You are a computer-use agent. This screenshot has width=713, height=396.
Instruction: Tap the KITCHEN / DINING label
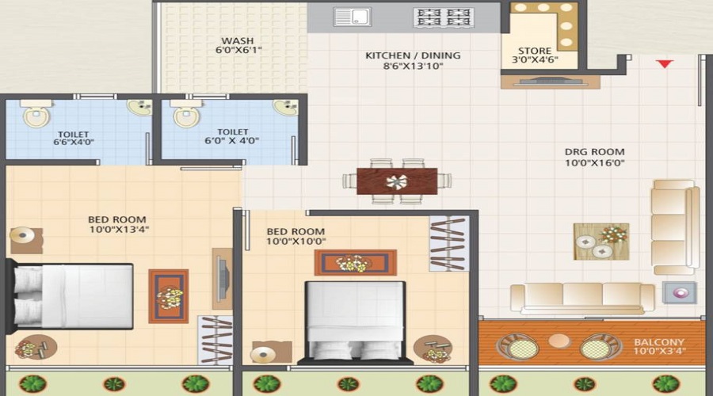tap(413, 55)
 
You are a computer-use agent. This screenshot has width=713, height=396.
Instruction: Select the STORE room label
tap(535, 51)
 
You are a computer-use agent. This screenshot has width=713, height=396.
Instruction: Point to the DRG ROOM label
tap(594, 151)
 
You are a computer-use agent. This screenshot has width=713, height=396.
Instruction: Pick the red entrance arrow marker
tap(664, 64)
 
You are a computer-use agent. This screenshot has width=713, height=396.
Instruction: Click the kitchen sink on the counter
tap(353, 17)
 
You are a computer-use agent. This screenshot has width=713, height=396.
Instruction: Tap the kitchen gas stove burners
tap(443, 17)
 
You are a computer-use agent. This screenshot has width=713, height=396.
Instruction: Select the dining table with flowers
tap(397, 181)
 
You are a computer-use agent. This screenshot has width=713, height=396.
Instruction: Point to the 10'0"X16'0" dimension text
tap(594, 164)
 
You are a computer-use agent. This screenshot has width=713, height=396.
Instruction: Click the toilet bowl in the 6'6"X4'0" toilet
tap(35, 116)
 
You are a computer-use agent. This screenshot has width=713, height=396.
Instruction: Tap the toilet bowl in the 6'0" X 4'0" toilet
tap(188, 116)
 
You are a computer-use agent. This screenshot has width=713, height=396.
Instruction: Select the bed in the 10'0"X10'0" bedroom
tap(356, 321)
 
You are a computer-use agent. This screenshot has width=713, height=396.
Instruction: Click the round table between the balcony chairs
tap(559, 341)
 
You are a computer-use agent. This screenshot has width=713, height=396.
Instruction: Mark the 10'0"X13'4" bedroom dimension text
tap(118, 230)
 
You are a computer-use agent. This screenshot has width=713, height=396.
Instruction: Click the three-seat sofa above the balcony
tap(582, 296)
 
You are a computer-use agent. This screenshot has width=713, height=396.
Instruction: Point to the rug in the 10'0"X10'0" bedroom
tap(355, 262)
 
